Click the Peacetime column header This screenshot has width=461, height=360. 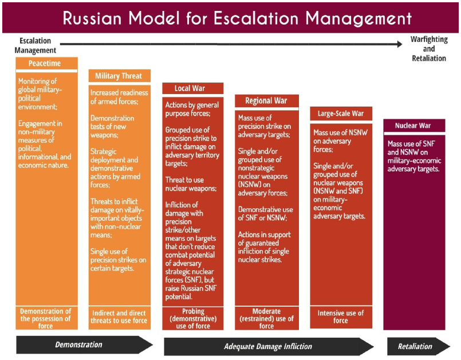tap(45, 63)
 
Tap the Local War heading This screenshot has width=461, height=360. tap(190, 88)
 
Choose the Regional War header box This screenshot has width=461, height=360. tap(266, 101)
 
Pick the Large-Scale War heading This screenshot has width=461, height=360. tap(340, 114)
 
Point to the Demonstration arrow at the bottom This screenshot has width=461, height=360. tap(80, 345)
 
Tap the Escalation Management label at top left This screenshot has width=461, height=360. tap(35, 45)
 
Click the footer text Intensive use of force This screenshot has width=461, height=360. tap(340, 316)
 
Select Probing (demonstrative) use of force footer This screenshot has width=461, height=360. tap(192, 319)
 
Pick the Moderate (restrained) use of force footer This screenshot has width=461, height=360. tap(266, 319)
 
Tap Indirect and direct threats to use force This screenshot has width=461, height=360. tap(119, 317)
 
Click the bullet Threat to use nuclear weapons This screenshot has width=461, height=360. tap(191, 183)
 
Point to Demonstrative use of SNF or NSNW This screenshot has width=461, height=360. tap(265, 213)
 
